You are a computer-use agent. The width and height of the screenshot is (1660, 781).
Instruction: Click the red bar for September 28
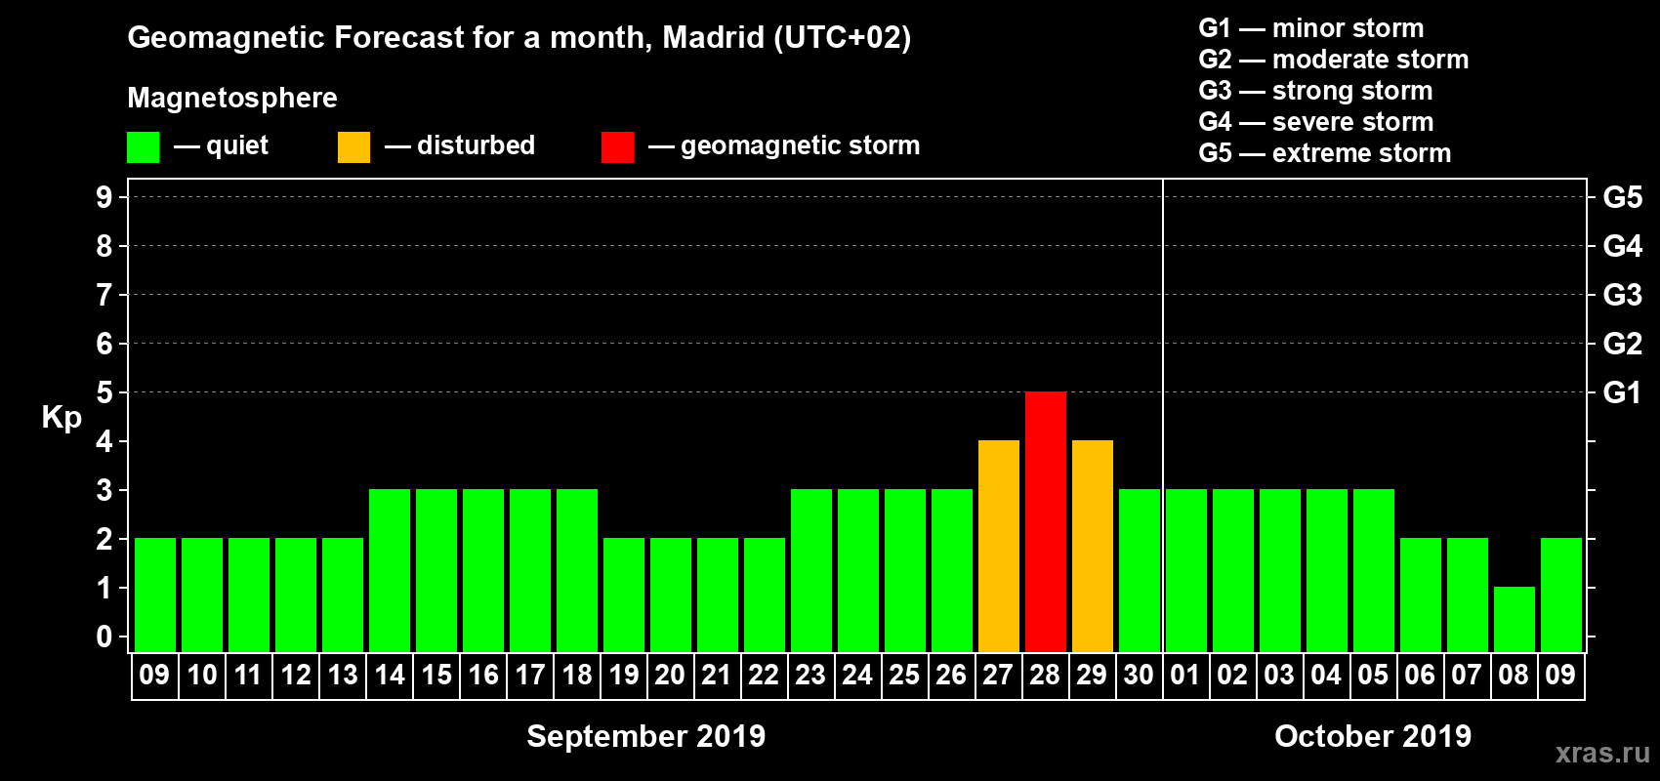point(1045,521)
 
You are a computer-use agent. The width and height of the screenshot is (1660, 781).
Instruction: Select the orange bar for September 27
point(998,546)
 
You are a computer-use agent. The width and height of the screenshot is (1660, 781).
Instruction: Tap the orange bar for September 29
point(1092,546)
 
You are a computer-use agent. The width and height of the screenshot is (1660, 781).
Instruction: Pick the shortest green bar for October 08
point(1514,619)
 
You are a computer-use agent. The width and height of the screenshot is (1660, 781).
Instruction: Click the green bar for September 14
point(390,570)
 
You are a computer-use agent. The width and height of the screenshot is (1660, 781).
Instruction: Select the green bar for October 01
point(1185,570)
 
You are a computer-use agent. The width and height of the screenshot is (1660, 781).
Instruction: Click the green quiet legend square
point(143,147)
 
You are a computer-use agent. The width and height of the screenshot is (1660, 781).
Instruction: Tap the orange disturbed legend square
point(353,147)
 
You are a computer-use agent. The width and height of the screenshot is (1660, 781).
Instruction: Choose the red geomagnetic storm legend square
point(617,147)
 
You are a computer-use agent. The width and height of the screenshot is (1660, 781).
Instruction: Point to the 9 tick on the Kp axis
point(104,197)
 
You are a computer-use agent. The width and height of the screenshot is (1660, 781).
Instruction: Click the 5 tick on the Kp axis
point(104,392)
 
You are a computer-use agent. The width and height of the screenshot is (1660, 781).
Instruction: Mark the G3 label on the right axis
point(1622,295)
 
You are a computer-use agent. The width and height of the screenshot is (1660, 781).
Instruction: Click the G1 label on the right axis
point(1622,392)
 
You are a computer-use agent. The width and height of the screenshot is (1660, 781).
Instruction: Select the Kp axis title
point(62,418)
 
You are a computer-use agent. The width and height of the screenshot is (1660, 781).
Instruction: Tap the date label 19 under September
point(623,675)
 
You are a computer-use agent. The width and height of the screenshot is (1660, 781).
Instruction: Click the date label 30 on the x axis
point(1139,675)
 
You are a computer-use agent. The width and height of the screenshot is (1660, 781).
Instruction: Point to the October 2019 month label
point(1372,736)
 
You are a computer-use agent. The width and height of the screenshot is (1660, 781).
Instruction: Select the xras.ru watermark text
point(1602,752)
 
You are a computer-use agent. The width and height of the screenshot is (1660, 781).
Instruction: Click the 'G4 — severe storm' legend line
point(1315,122)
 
